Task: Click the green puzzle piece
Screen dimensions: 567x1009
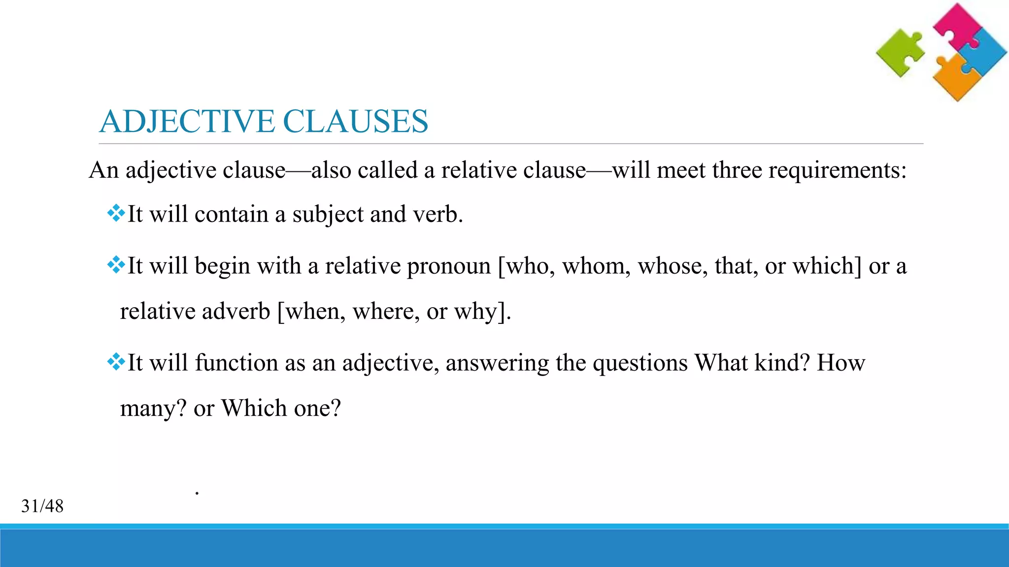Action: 900,53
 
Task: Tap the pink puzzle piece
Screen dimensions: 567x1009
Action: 956,25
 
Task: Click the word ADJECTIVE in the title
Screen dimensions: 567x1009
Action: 187,121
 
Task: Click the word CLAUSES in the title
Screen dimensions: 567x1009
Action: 355,121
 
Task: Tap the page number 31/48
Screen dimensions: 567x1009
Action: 42,506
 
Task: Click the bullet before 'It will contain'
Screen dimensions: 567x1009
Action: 116,213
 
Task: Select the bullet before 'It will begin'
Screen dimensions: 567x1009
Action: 116,265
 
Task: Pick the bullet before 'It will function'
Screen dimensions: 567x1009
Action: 116,362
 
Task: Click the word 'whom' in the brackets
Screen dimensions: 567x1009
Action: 596,266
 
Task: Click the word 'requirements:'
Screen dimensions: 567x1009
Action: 837,171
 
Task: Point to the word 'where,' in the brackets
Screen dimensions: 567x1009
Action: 386,312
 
